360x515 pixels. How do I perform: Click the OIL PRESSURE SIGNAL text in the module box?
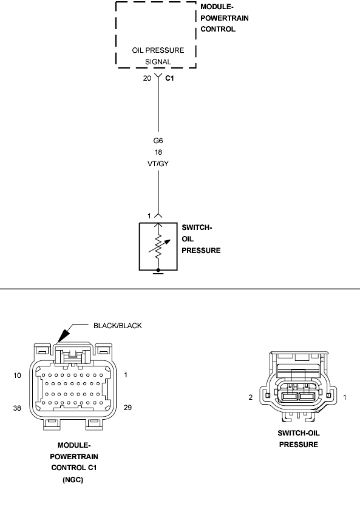click(x=158, y=56)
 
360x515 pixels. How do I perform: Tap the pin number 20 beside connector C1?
click(x=147, y=78)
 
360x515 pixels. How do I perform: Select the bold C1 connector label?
click(x=169, y=78)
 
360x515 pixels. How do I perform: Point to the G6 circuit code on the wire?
click(x=158, y=141)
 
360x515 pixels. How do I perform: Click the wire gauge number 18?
click(x=158, y=152)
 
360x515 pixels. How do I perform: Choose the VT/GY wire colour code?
click(x=158, y=164)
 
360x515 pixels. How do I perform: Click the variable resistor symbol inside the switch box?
click(x=159, y=246)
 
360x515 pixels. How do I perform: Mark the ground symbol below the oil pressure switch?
click(x=158, y=271)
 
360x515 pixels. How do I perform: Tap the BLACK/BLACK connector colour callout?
click(x=118, y=326)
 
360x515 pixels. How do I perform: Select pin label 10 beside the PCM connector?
click(x=17, y=375)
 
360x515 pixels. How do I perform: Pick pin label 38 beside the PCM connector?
click(x=17, y=408)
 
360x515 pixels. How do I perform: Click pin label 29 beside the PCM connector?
click(x=127, y=408)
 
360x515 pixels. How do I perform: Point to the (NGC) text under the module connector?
click(x=73, y=480)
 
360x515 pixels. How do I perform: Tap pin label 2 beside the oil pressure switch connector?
click(x=251, y=397)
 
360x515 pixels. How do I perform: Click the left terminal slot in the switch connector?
click(x=290, y=397)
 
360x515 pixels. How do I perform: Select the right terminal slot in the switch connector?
click(x=307, y=397)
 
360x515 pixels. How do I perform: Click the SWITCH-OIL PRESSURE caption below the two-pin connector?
click(x=299, y=439)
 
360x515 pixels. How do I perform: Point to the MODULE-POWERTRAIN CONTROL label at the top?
click(x=225, y=18)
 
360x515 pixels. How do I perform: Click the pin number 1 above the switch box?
click(x=149, y=216)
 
